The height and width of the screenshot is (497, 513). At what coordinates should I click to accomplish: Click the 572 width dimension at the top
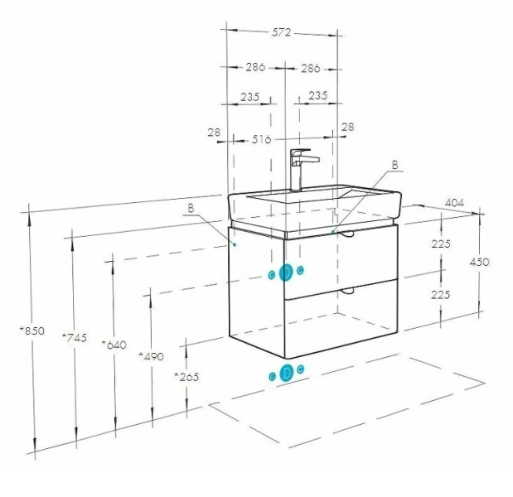tap(281, 32)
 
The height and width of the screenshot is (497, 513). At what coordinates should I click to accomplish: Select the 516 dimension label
tap(261, 140)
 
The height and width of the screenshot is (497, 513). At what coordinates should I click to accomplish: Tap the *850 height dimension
tap(31, 331)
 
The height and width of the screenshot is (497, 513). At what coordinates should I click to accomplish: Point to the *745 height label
tap(75, 337)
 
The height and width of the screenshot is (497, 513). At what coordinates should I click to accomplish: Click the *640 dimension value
tap(114, 345)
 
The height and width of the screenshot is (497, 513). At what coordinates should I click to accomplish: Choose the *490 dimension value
tap(151, 355)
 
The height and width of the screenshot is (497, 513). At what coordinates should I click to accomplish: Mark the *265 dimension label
tap(186, 377)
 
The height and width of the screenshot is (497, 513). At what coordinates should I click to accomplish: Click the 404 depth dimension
tap(454, 203)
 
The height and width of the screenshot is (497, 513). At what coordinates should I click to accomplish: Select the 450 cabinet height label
tap(479, 262)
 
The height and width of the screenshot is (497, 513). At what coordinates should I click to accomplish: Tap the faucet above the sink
tap(300, 169)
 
